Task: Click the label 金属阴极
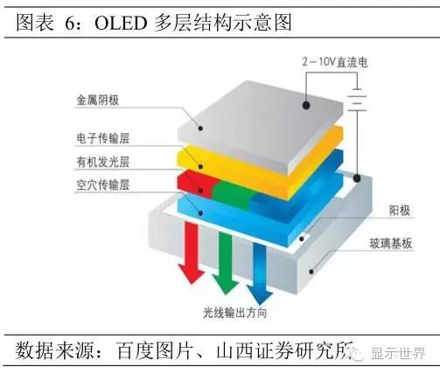pos(97,100)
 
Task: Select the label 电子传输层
pos(102,138)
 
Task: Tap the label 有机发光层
pos(102,162)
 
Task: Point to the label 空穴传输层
pos(102,185)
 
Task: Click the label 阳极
pos(400,211)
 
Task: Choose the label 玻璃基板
pos(391,244)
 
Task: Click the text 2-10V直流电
pos(335,62)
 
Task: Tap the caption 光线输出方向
pos(235,313)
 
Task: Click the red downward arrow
pos(192,252)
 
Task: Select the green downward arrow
pos(226,262)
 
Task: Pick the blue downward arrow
pos(260,274)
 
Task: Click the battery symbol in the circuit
pos(357,100)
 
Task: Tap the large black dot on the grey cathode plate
pos(306,105)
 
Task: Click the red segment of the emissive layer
pos(197,184)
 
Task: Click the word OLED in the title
pos(120,24)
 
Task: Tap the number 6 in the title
pos(70,24)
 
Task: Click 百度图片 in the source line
pos(155,350)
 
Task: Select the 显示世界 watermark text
pos(398,353)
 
